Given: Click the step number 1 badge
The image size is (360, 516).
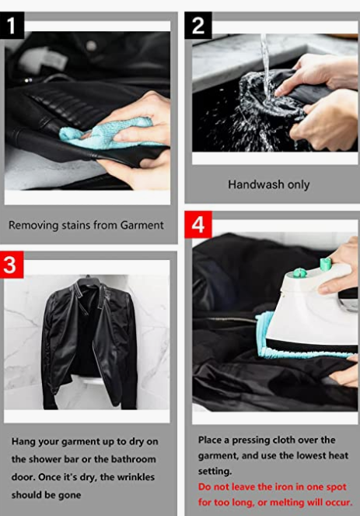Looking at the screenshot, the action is click(x=12, y=26).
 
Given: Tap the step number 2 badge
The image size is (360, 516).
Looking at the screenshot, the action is click(x=198, y=26).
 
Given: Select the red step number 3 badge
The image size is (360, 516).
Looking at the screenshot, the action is click(x=12, y=265).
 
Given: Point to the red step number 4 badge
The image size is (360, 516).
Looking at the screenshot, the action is click(x=198, y=225).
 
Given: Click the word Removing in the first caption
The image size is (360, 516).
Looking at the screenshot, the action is click(x=29, y=226).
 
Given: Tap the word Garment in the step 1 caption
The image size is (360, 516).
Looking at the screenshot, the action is click(x=142, y=225).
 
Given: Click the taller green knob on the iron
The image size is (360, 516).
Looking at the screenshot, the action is click(x=325, y=264).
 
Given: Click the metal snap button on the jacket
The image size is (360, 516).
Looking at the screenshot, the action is click(x=91, y=46).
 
